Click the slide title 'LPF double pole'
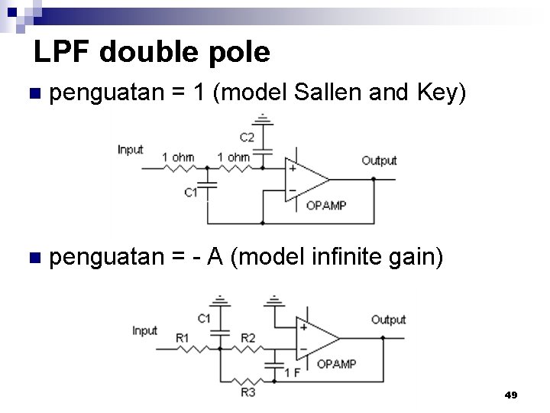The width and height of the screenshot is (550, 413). coord(152,52)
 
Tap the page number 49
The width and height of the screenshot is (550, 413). coord(511,395)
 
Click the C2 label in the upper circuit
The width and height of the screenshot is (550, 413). coord(247,138)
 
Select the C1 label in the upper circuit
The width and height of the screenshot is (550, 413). coord(191,193)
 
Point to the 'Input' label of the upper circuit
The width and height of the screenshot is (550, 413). coord(130,150)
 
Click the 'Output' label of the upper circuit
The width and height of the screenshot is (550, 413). coord(379,160)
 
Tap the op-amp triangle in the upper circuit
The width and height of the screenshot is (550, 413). coord(304,180)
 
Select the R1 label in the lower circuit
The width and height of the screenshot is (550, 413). coord(182,337)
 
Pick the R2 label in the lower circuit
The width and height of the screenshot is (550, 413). coord(248,337)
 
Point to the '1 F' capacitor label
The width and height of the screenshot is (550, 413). coord(292,372)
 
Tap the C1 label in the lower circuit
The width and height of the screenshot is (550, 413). coord(204,317)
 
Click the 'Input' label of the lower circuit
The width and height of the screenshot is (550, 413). coord(144,330)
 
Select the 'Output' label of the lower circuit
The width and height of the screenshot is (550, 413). coord(388,319)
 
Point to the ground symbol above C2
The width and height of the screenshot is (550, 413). coord(262,119)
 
